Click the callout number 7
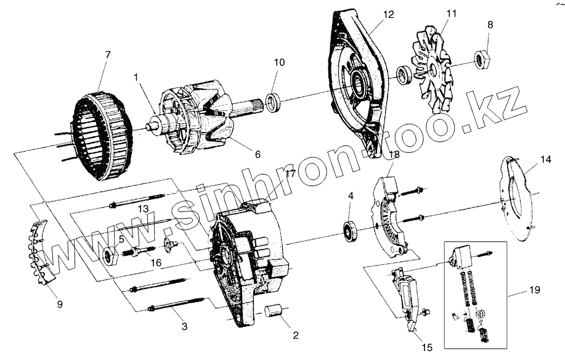108,55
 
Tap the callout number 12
387,14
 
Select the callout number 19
533,288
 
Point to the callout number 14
545,159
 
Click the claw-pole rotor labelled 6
203,123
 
